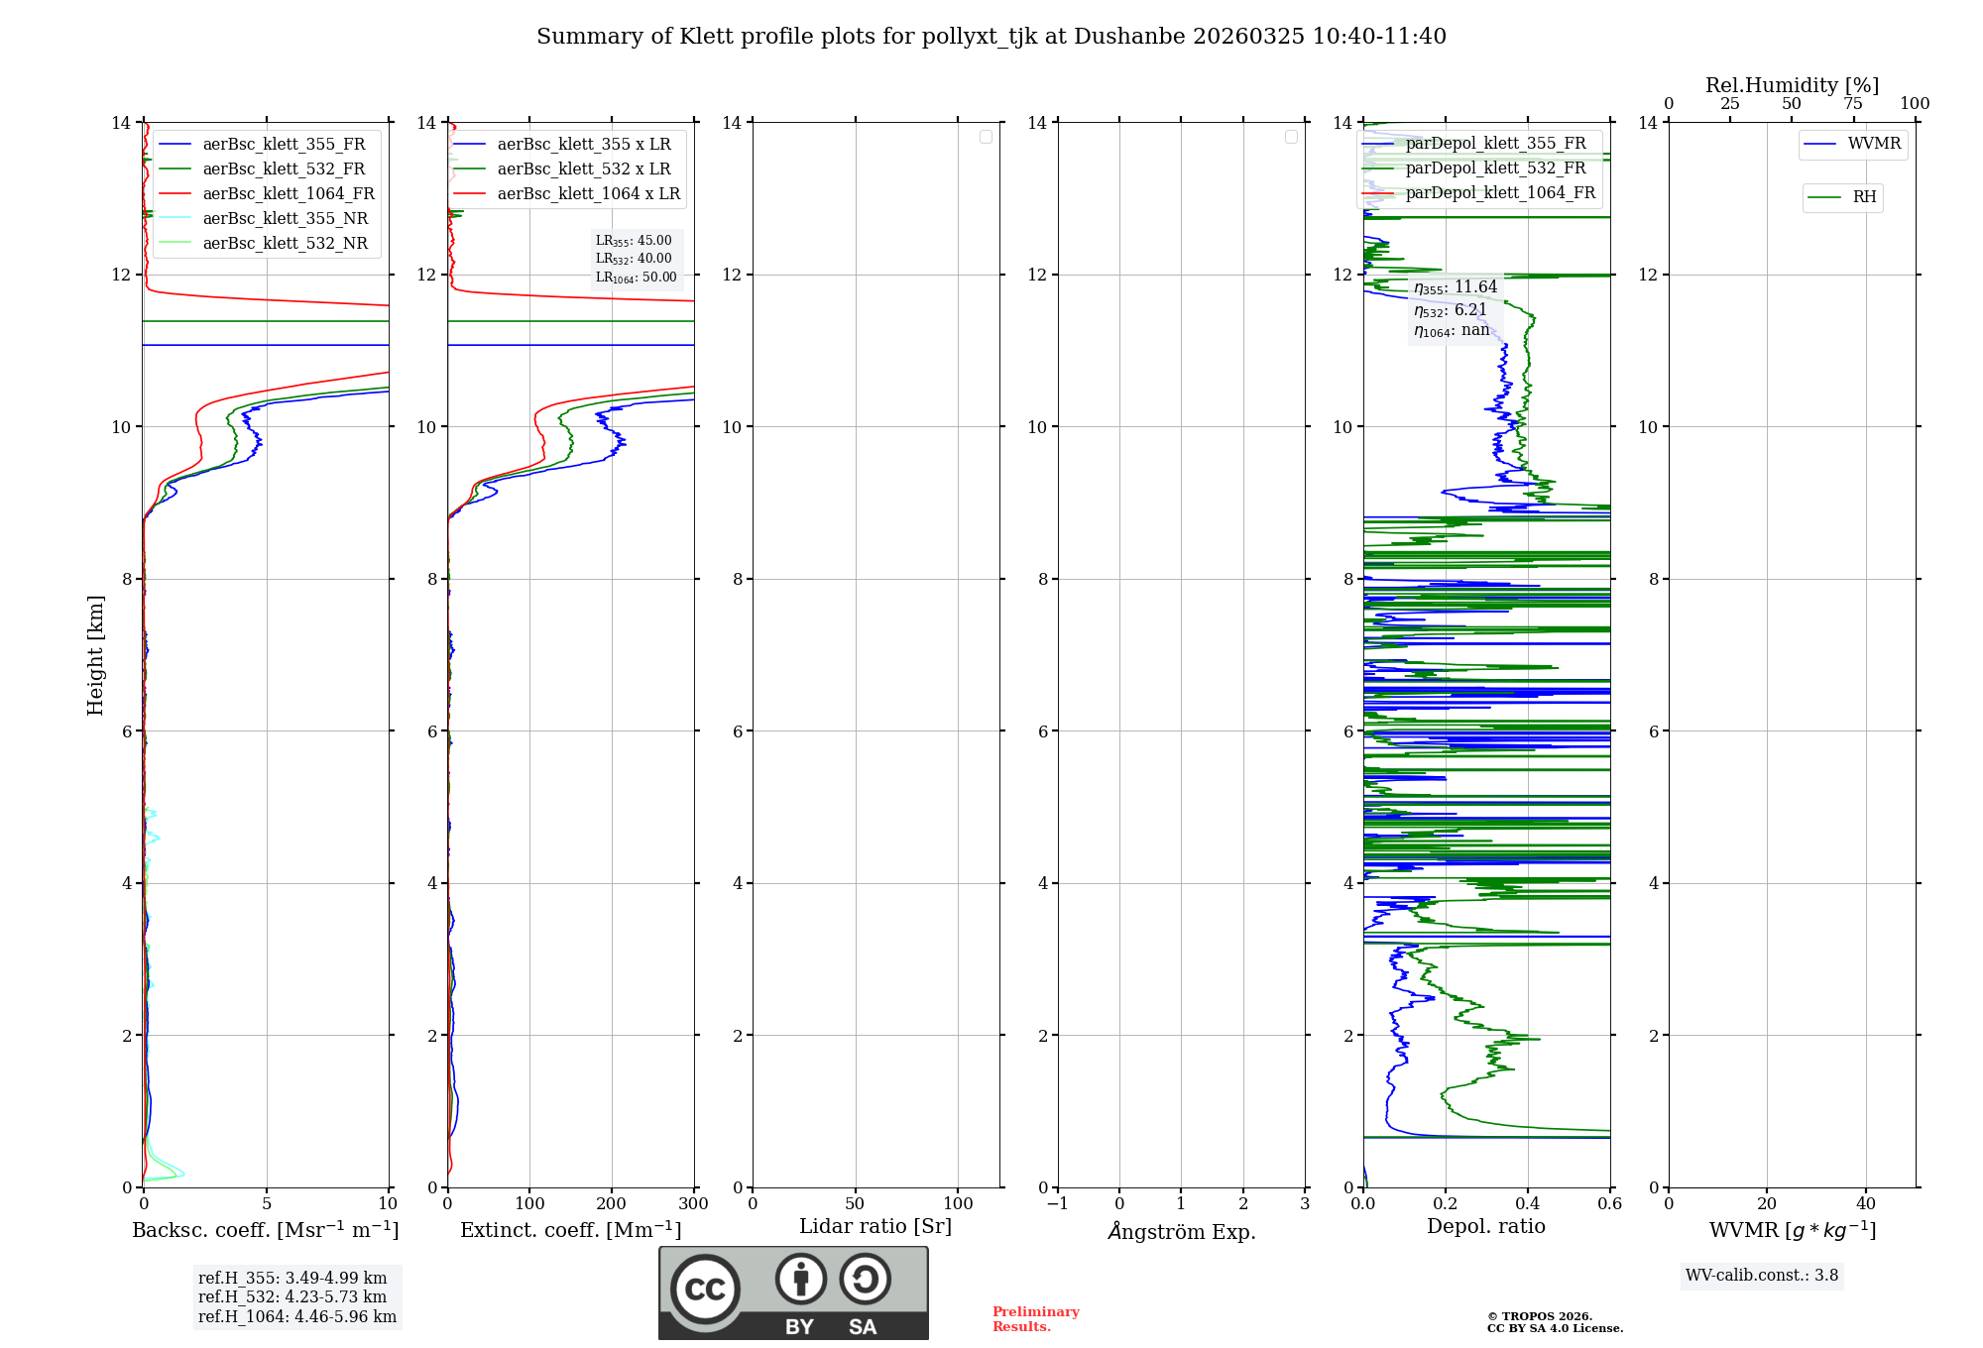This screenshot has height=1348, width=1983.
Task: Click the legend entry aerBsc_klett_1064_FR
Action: (x=288, y=194)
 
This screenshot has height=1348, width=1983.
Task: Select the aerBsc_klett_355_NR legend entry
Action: (x=285, y=219)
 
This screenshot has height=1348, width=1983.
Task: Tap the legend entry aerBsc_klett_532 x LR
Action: (x=583, y=169)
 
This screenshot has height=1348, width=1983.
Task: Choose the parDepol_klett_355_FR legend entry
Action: (x=1495, y=144)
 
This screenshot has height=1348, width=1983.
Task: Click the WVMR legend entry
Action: (x=1873, y=144)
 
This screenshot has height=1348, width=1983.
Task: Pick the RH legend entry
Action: (x=1863, y=197)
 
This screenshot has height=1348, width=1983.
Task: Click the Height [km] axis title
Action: (x=95, y=655)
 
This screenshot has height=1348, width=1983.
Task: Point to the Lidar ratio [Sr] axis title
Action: (x=875, y=1227)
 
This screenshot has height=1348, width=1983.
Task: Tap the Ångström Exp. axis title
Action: (x=1181, y=1232)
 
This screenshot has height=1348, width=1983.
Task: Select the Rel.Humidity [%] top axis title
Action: (x=1792, y=85)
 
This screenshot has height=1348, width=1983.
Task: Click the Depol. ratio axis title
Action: (x=1485, y=1227)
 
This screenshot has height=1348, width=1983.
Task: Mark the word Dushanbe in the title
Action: (x=1129, y=37)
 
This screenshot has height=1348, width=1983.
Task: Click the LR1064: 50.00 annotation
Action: (x=636, y=278)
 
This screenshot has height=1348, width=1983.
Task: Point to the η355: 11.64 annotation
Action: (x=1455, y=287)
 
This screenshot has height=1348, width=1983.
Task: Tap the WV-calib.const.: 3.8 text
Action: (x=1761, y=1276)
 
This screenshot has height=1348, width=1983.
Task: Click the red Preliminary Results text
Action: (x=1035, y=1319)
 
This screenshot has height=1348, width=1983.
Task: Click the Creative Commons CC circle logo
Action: (x=705, y=1290)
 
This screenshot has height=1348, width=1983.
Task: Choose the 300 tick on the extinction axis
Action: (x=693, y=1204)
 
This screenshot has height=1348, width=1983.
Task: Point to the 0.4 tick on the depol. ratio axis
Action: (x=1528, y=1204)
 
